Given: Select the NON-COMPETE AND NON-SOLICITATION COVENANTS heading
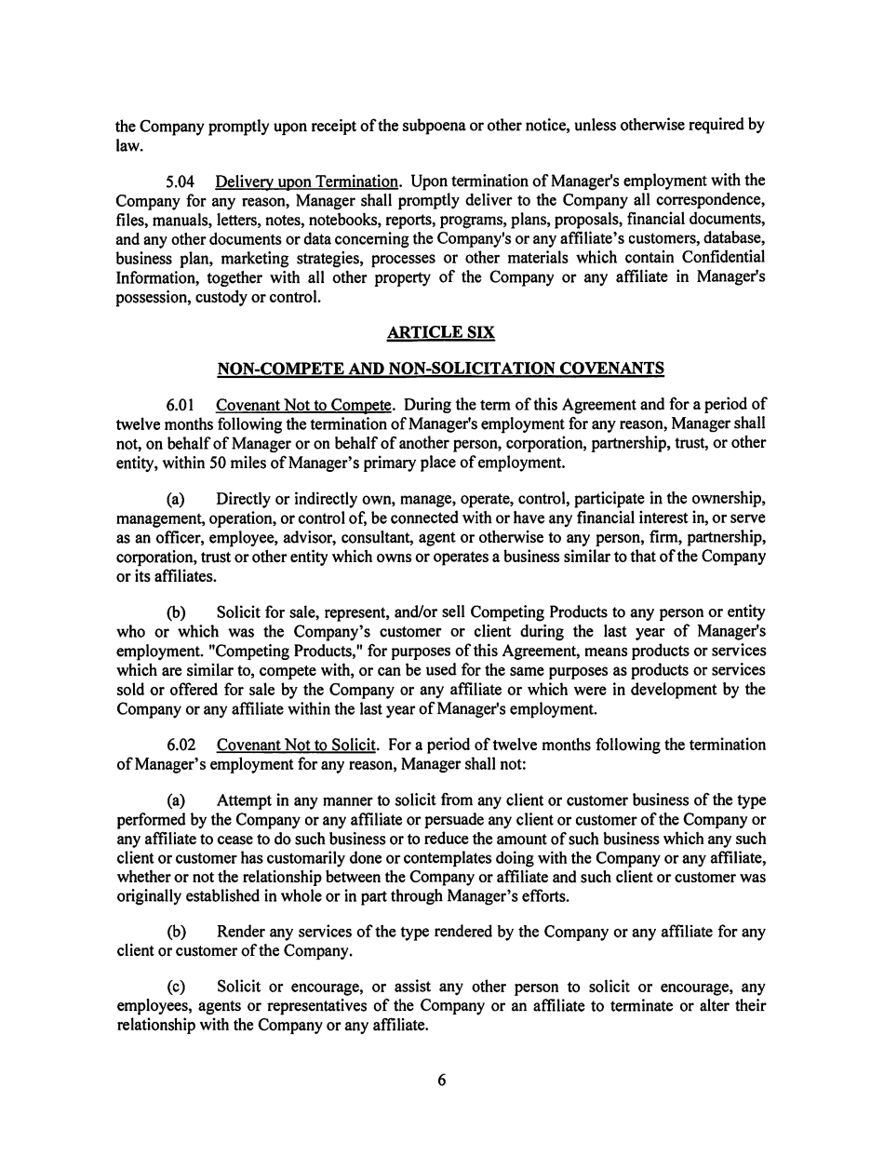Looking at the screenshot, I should pyautogui.click(x=440, y=369).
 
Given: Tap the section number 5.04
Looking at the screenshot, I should pyautogui.click(x=181, y=181).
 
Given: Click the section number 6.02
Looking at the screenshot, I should pyautogui.click(x=181, y=745).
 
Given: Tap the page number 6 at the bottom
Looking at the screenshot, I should pyautogui.click(x=442, y=1081).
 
